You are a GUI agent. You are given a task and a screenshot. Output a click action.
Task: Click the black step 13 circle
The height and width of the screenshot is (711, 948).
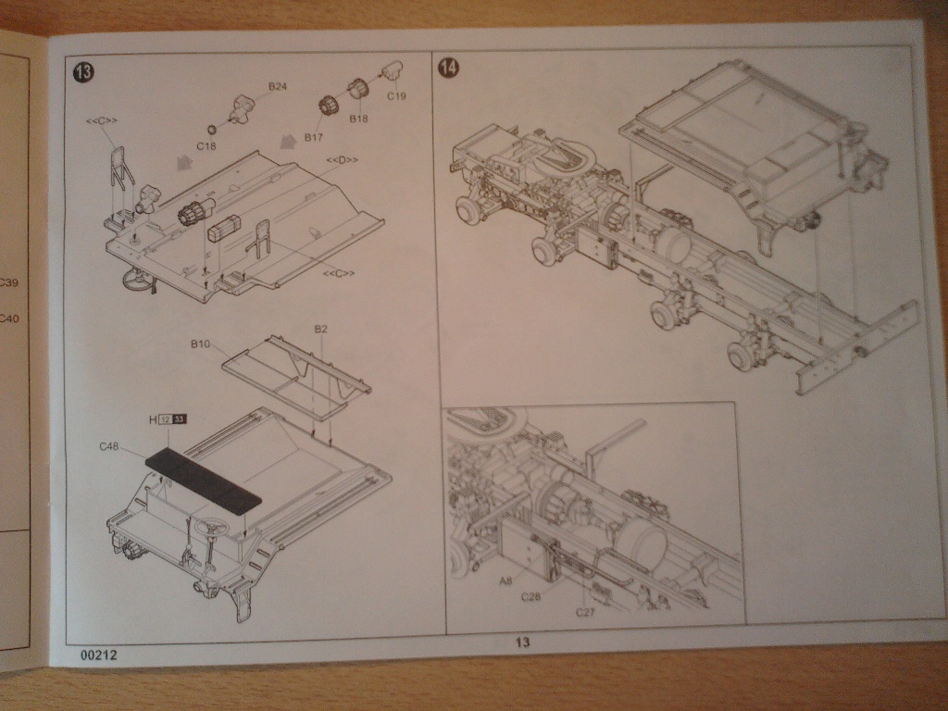(x=83, y=71)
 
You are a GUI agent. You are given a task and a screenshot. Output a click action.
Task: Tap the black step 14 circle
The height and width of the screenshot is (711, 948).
(x=449, y=69)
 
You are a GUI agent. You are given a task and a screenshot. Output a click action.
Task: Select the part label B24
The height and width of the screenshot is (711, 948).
(x=278, y=86)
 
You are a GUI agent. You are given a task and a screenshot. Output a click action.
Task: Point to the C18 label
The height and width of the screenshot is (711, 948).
(x=206, y=145)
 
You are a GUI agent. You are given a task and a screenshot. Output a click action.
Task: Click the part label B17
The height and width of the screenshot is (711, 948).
(x=314, y=137)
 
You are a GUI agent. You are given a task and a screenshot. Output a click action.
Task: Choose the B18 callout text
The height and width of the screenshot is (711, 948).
(x=359, y=119)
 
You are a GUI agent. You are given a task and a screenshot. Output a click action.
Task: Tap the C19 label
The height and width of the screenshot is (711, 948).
(x=396, y=95)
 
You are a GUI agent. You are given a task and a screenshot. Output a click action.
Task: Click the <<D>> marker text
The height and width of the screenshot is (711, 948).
(x=342, y=161)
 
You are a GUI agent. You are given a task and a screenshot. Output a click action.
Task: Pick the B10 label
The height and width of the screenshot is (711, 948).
(x=201, y=344)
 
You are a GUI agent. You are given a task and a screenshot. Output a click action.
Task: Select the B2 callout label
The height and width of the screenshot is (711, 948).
(x=321, y=329)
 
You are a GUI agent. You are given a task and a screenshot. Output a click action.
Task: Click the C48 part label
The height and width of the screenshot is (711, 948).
(x=110, y=446)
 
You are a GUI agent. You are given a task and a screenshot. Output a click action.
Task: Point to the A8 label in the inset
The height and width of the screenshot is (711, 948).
(x=505, y=580)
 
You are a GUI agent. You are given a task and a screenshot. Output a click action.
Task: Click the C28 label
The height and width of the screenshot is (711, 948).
(x=530, y=596)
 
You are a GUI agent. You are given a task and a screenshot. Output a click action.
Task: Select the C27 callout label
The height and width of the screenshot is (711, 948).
(x=585, y=612)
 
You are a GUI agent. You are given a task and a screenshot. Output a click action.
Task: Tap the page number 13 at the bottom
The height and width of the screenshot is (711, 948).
(x=522, y=642)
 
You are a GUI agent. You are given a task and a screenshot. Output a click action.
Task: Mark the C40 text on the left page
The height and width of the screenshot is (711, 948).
(x=7, y=319)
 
